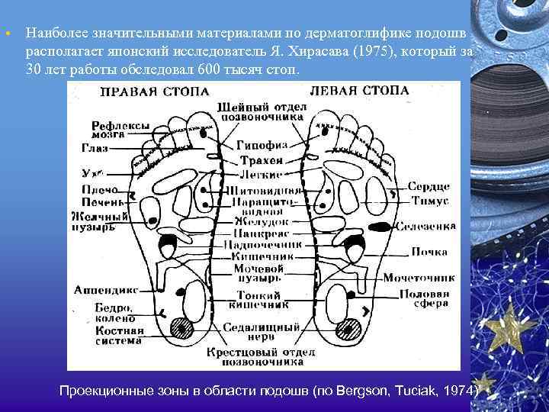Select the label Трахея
(261, 160)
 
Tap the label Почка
(429, 251)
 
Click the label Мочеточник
(419, 277)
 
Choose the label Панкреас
(261, 234)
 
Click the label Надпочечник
(262, 246)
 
